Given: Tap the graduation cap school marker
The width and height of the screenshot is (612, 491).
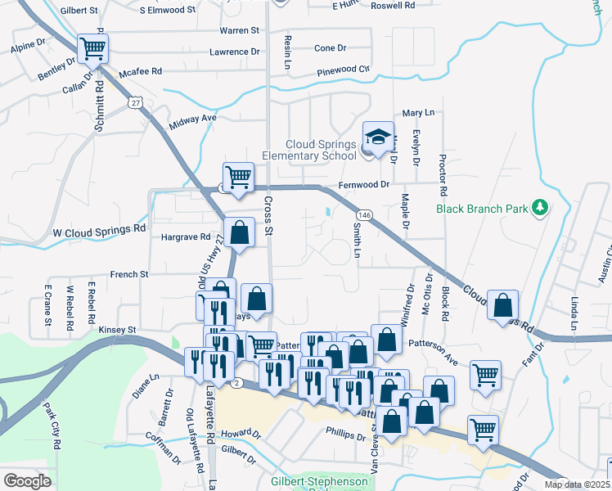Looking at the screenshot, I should [377, 137].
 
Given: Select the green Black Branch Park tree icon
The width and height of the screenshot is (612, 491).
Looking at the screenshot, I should [539, 208].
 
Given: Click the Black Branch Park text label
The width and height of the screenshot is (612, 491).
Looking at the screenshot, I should [482, 209].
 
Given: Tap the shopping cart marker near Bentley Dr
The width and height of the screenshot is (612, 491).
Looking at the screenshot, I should [93, 50].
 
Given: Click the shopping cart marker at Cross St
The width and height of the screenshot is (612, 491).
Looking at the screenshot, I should [238, 177].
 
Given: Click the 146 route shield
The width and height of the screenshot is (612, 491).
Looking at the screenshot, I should [365, 215].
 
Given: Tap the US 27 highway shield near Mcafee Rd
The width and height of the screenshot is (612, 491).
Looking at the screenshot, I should [135, 101].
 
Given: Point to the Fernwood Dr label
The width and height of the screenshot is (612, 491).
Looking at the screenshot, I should [363, 184].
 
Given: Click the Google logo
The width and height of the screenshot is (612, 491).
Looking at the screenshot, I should [26, 481].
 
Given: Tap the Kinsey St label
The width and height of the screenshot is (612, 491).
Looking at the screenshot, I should [117, 329].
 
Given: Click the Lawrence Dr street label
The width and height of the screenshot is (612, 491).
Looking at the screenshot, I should [234, 52].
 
